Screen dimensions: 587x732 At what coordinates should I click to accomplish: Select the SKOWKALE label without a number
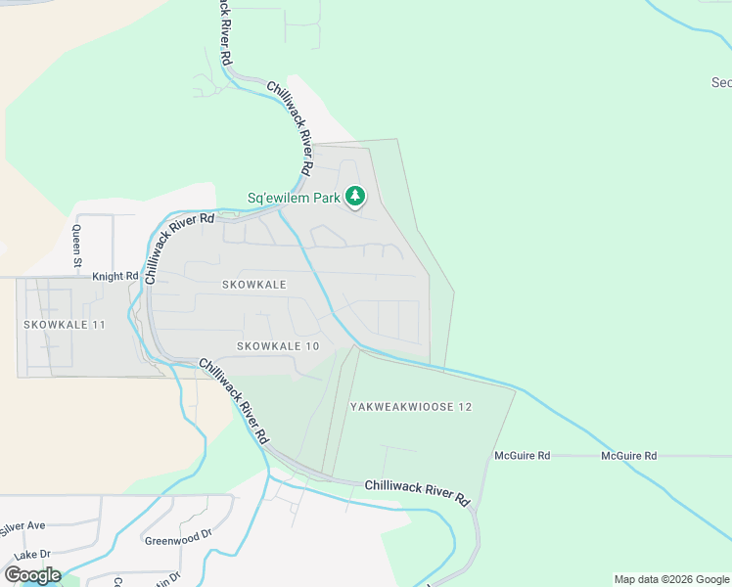(253, 285)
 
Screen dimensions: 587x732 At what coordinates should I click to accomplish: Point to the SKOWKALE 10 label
(278, 346)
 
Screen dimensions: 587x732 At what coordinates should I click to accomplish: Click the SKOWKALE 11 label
(65, 324)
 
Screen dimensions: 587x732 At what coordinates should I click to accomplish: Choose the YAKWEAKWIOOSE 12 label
(411, 406)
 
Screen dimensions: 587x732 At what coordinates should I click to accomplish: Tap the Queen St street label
(77, 248)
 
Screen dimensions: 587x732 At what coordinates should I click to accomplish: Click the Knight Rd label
(115, 277)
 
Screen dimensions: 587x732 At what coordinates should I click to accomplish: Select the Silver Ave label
(23, 526)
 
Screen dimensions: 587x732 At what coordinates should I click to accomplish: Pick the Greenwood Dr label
(178, 537)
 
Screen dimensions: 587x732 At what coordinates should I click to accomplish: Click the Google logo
(32, 574)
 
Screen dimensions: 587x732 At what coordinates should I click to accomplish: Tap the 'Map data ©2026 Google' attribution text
(671, 579)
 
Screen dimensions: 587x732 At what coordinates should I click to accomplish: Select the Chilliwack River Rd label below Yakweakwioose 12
(418, 491)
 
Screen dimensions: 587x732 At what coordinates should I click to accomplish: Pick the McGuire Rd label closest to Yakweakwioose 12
(523, 456)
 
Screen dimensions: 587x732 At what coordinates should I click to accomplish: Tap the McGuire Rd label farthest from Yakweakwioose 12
(628, 456)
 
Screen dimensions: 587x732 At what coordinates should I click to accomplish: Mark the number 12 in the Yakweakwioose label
(465, 406)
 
